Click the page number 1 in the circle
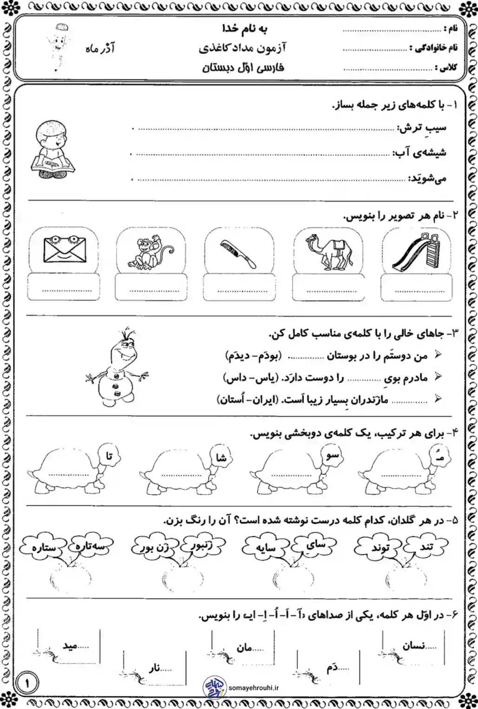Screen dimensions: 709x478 27,683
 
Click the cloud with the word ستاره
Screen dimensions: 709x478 44,548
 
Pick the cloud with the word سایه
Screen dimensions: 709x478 266,548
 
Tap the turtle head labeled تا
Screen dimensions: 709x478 109,456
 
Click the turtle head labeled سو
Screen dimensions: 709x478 332,455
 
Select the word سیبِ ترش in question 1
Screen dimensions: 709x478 422,128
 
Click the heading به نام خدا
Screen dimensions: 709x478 245,29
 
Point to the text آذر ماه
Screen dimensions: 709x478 100,49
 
